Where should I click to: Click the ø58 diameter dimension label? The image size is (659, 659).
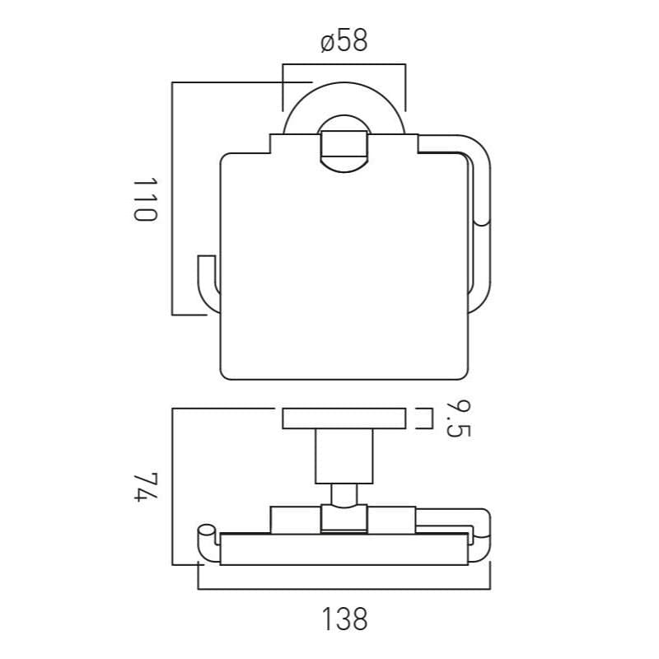[344, 40]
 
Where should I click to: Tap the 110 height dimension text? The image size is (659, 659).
[145, 199]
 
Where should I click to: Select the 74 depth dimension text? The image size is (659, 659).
[146, 487]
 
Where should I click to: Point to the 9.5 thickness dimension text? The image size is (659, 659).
[458, 419]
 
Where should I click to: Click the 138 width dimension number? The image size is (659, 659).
[344, 619]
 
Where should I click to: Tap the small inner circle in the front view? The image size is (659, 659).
[344, 143]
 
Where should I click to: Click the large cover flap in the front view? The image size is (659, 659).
[344, 257]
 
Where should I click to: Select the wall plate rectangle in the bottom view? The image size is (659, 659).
[344, 418]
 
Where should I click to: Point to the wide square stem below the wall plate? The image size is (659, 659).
[344, 456]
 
